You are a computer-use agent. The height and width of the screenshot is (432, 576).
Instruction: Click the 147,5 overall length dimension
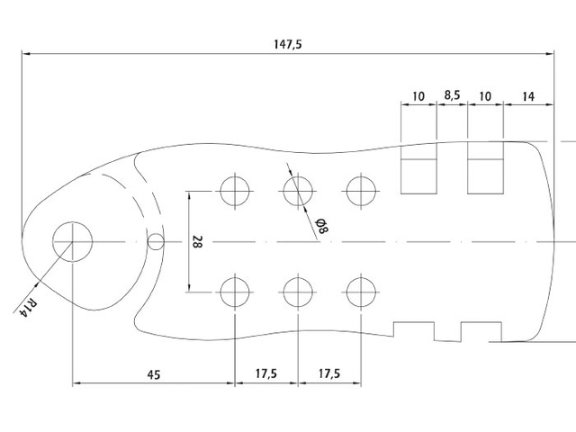pyautogui.click(x=288, y=44)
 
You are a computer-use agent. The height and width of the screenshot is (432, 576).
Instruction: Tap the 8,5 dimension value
pyautogui.click(x=452, y=95)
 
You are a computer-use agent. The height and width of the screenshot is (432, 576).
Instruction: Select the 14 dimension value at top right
pyautogui.click(x=528, y=96)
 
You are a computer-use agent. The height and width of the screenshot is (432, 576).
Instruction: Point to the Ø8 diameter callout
pyautogui.click(x=322, y=226)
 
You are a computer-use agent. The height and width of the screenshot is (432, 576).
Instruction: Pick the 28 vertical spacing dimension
pyautogui.click(x=197, y=242)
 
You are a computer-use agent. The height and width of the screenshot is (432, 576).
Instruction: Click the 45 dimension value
pyautogui.click(x=154, y=374)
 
